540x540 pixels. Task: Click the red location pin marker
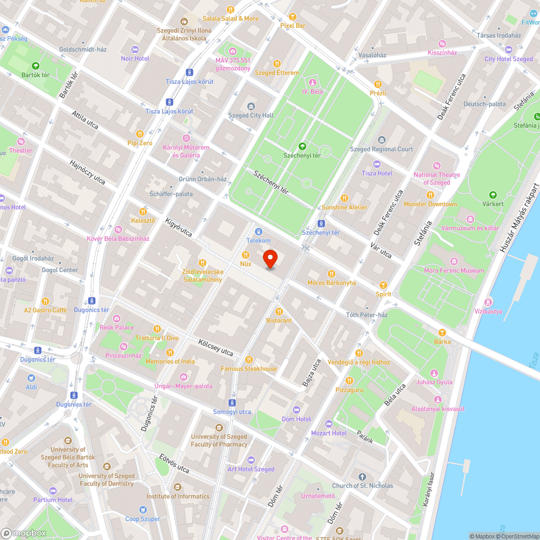270,259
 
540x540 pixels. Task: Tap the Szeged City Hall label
251,116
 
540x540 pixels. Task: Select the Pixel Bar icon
293,17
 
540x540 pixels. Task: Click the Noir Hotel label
135,58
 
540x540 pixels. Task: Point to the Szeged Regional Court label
381,149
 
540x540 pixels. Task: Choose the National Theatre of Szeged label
436,179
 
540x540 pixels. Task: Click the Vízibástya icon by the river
488,301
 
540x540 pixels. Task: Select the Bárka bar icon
442,333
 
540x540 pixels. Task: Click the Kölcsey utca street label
215,347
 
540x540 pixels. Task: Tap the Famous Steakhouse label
248,369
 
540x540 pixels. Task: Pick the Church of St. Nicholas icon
362,477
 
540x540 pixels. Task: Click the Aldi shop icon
31,378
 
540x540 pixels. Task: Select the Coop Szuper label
143,519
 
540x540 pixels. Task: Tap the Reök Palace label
117,327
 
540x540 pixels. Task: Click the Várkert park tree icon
492,195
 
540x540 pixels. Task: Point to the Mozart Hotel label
328,433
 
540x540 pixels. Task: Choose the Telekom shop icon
258,231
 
